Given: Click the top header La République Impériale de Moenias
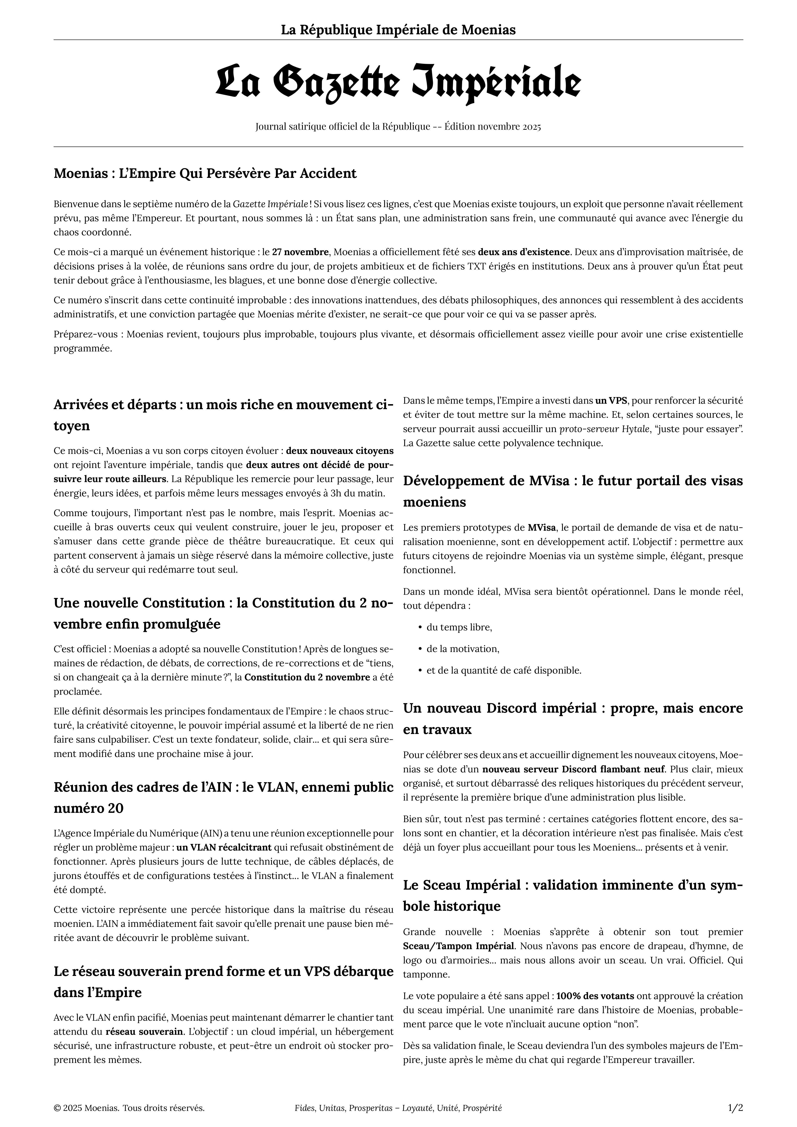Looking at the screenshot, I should pos(398,30).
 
